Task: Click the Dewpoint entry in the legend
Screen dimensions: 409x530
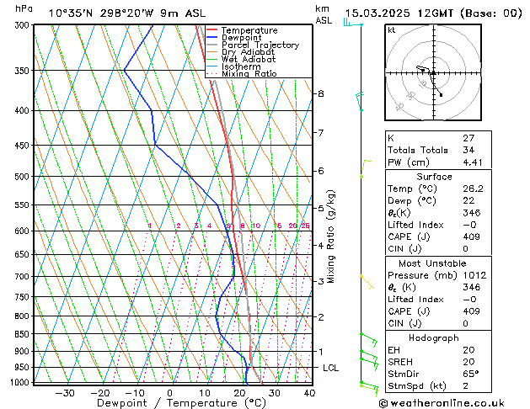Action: click(240, 38)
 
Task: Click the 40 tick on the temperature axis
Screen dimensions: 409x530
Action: click(309, 393)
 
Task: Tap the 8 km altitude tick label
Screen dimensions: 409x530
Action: click(321, 93)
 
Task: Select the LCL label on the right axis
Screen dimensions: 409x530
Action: click(330, 369)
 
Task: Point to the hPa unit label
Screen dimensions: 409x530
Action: click(24, 8)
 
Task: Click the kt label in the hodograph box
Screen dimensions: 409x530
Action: click(391, 30)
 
